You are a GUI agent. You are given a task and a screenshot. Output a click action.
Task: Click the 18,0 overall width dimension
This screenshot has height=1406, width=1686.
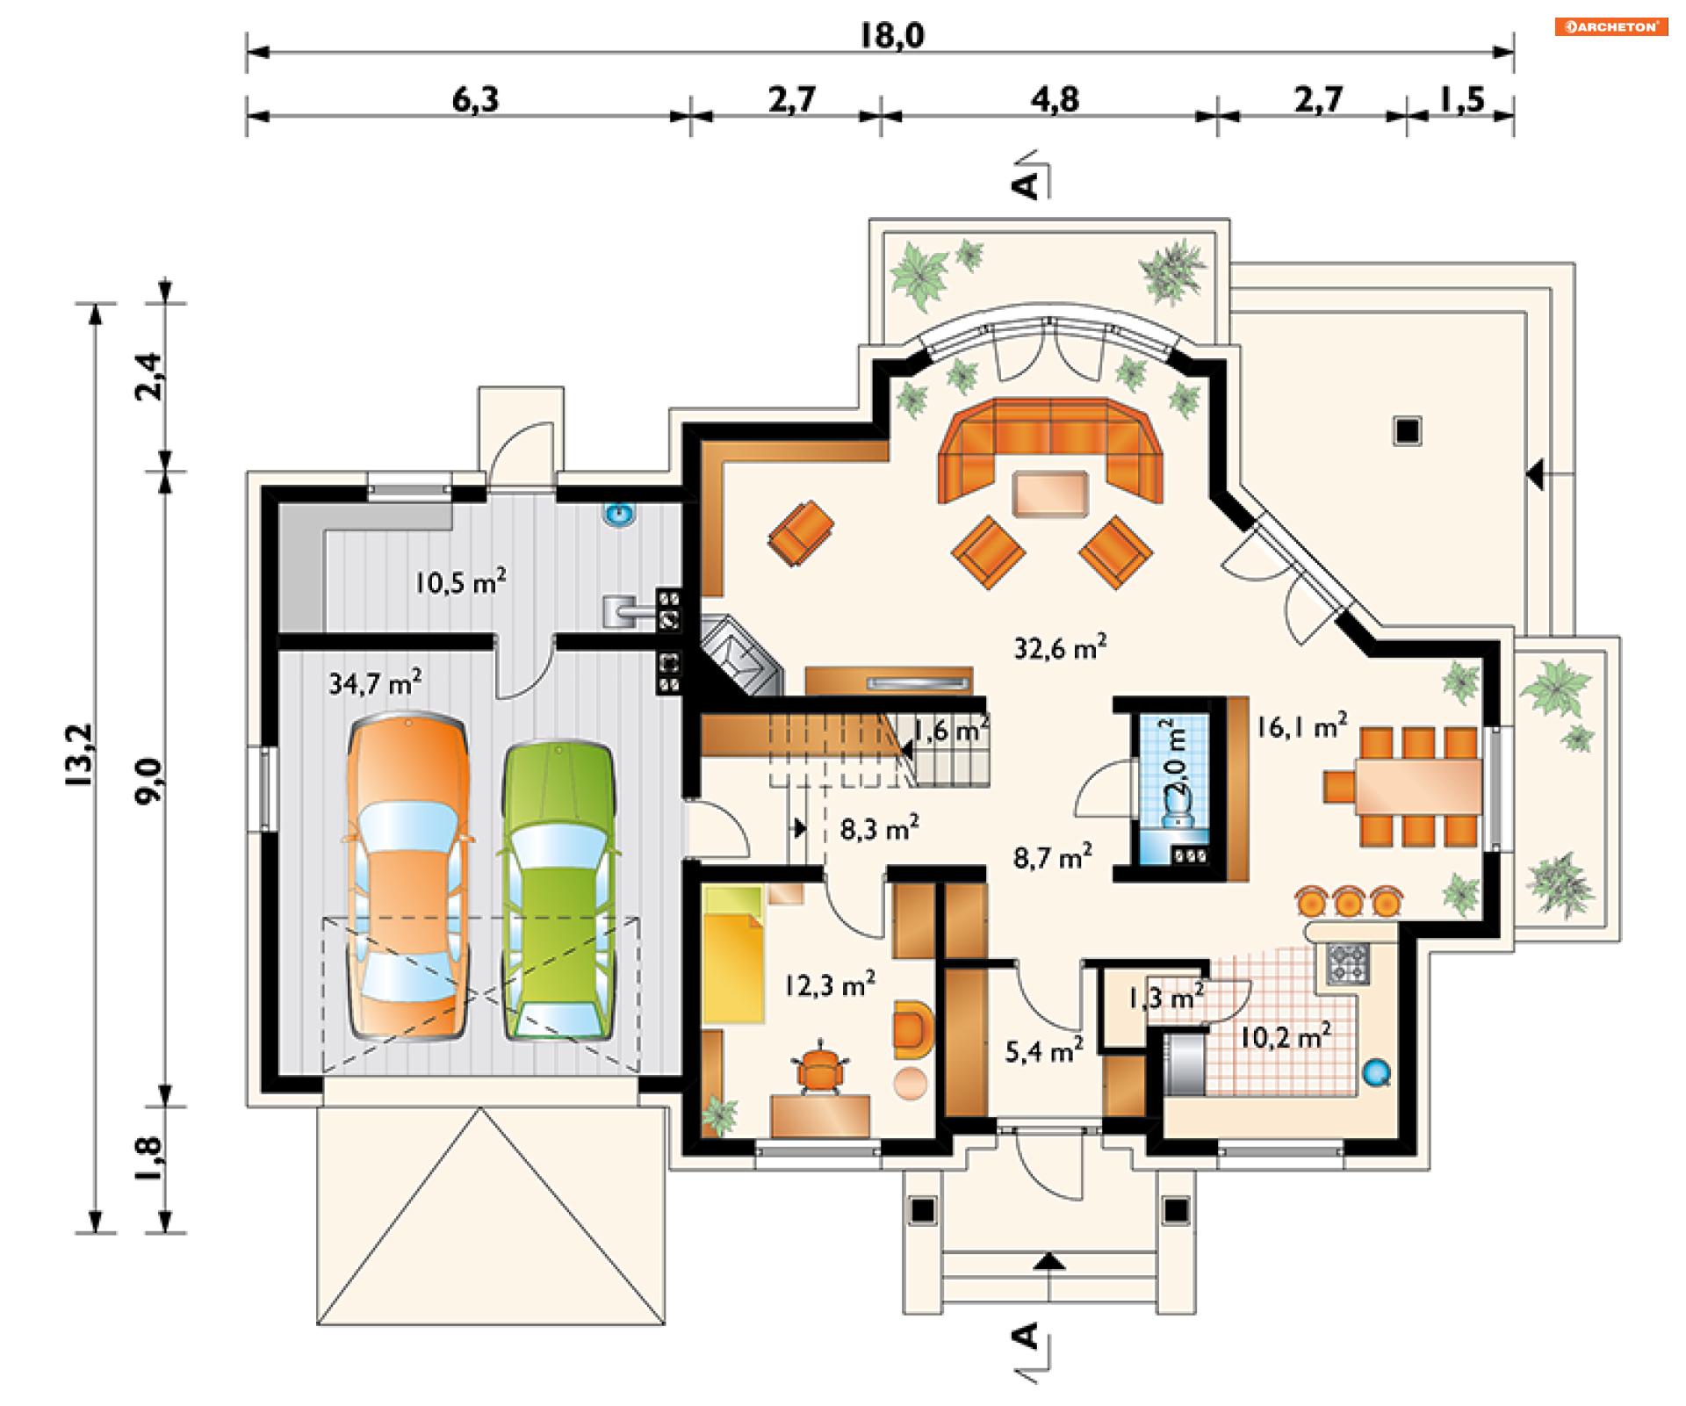point(892,35)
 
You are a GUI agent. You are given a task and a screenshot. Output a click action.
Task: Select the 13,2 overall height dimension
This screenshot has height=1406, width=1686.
point(79,754)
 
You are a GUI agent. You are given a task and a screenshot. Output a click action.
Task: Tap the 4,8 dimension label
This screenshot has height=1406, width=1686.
point(1055,99)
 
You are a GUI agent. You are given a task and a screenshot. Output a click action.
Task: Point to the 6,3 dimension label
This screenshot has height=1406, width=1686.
point(475,99)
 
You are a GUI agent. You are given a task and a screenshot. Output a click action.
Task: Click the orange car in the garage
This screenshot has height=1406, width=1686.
point(407,877)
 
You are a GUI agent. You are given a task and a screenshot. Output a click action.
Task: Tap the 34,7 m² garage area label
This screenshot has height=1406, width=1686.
point(375,681)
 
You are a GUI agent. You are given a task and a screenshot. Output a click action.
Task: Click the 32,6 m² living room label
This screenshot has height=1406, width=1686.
point(1060,647)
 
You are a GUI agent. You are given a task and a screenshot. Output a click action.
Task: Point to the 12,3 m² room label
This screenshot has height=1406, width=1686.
point(830,984)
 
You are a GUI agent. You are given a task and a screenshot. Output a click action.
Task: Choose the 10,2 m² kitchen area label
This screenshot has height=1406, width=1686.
point(1286,1036)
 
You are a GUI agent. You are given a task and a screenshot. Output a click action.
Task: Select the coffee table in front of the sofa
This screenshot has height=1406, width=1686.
point(1050,494)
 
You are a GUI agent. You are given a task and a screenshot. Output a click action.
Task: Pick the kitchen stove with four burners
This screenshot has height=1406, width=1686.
point(1348,963)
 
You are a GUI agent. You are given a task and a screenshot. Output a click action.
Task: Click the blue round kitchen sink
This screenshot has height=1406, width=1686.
point(1376,1072)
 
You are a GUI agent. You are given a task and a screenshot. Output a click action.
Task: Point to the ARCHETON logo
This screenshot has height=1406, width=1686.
point(1611,26)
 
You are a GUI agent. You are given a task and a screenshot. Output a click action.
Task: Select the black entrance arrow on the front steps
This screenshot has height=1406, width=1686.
point(1049,1262)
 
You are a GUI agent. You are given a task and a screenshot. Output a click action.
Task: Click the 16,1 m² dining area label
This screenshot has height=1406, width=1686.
point(1302,726)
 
